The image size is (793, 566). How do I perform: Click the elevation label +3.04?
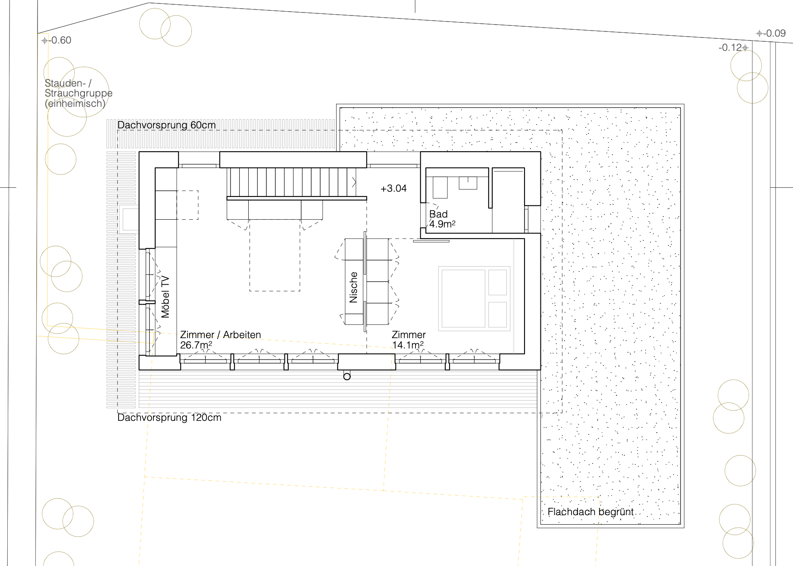(393, 188)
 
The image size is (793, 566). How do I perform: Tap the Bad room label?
(438, 214)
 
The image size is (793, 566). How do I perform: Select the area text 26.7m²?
(196, 345)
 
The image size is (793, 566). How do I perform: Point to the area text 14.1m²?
(408, 345)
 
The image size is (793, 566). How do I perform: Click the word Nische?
(353, 287)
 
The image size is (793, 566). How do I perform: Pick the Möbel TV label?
(165, 297)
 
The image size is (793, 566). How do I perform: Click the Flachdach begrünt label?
(590, 512)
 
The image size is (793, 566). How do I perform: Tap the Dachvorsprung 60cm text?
(166, 125)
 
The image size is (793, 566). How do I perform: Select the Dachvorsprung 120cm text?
(169, 417)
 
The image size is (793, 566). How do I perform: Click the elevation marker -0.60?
(56, 40)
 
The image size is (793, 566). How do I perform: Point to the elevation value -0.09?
(771, 33)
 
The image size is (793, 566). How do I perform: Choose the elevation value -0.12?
(733, 47)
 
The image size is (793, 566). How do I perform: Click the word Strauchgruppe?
(78, 93)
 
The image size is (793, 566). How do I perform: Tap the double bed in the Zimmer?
(474, 299)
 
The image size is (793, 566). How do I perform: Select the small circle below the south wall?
(347, 376)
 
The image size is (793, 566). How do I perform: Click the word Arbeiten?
(242, 335)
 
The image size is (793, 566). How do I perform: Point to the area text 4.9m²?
(442, 224)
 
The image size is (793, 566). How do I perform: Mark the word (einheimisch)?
(75, 103)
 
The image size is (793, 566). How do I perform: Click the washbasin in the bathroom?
(468, 183)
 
